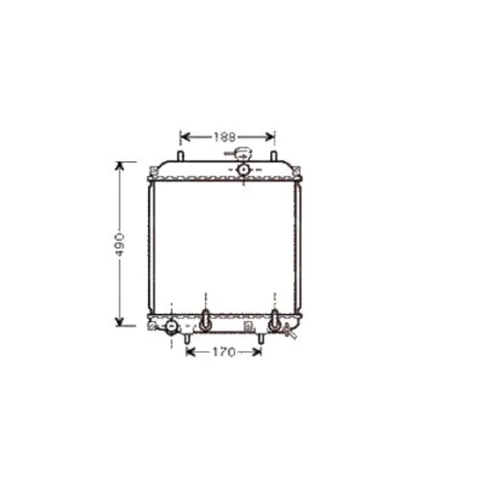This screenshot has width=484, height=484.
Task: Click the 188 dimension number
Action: coord(225,137)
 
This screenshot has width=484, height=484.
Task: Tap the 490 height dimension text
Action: coord(120,245)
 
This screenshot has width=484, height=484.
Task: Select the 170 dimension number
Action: coord(224,352)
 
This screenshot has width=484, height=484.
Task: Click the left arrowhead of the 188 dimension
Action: coord(185,136)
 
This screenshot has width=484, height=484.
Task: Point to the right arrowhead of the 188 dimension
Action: coord(269,136)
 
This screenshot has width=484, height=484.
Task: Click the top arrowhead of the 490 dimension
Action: coord(120,166)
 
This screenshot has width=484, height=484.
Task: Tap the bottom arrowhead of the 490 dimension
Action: coord(120,321)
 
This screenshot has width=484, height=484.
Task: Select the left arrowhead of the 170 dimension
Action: coord(191,352)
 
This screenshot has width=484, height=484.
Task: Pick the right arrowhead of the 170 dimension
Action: coord(257,352)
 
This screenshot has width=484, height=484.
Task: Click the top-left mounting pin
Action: coord(180,156)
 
